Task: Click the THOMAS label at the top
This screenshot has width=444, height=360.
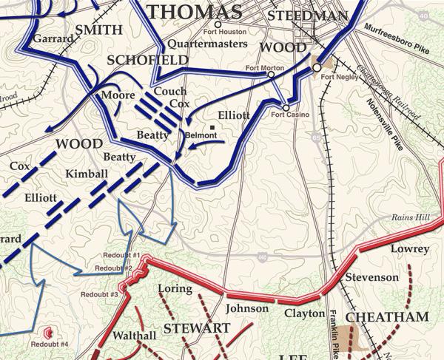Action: (x=195, y=11)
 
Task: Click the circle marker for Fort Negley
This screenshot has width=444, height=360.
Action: (x=317, y=67)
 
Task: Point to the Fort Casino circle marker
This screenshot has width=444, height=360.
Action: (x=286, y=108)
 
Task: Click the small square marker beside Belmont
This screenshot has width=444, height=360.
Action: (x=212, y=128)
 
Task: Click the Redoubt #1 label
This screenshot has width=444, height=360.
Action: (x=111, y=256)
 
